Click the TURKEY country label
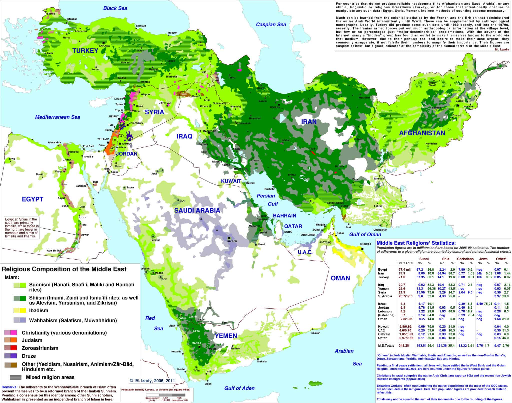(x=85, y=51)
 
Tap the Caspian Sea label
(x=271, y=25)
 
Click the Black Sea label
(x=115, y=8)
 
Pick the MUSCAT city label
(x=366, y=244)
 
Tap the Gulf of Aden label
(x=239, y=388)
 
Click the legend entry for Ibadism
(x=38, y=310)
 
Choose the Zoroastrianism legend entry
(x=40, y=348)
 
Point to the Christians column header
(x=465, y=259)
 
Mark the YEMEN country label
(x=226, y=336)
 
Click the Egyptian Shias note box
(x=21, y=228)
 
